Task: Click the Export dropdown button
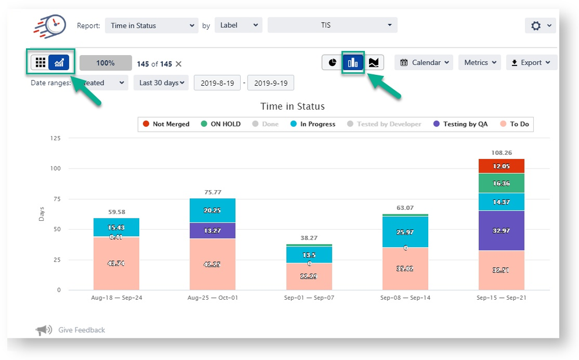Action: point(531,63)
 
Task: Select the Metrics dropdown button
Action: point(480,63)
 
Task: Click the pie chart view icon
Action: point(332,63)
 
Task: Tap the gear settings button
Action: point(540,26)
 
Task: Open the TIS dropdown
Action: point(332,26)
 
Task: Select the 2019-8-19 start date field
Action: point(217,83)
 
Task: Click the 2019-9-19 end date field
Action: point(270,83)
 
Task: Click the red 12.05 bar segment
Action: point(501,166)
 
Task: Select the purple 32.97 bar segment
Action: point(501,231)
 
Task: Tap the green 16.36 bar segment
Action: point(501,183)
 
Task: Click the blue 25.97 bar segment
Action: point(405,232)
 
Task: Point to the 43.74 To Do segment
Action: point(116,263)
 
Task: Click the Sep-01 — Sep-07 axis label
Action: point(309,298)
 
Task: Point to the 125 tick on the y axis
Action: point(55,139)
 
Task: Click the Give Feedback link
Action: point(81,330)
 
